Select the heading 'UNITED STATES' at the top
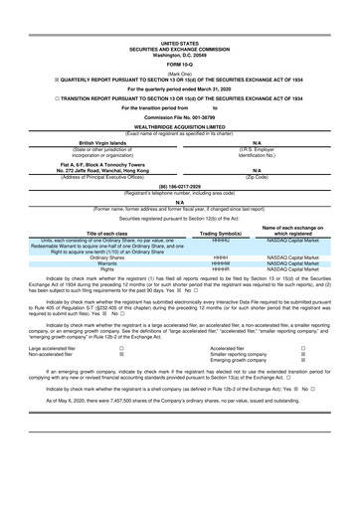(179, 17)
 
